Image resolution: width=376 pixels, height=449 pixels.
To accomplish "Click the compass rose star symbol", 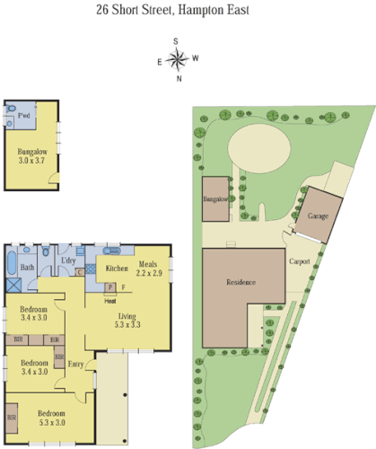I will [178, 60].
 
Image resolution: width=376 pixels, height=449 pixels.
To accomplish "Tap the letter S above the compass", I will [177, 41].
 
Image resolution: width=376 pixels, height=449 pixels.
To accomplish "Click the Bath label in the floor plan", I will [28, 268].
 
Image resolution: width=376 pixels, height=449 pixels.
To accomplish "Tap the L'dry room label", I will [67, 261].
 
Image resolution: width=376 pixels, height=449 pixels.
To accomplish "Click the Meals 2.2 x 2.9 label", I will [149, 268].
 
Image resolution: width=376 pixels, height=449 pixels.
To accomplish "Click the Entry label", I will [75, 364].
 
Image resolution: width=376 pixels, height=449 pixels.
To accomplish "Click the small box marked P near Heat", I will [109, 287].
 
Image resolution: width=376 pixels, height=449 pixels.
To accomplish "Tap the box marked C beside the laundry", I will [80, 272].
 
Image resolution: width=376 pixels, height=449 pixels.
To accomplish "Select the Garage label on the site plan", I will [318, 217].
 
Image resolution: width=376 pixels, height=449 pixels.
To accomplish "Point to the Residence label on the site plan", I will [241, 282].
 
